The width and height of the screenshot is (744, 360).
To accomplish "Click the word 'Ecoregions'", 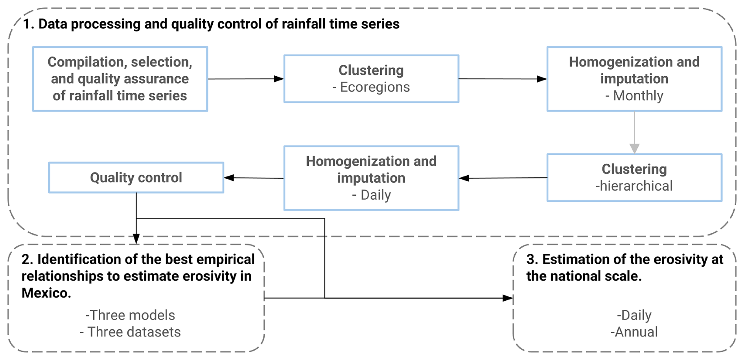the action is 375,87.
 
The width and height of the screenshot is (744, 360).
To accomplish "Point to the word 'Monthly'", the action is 638,96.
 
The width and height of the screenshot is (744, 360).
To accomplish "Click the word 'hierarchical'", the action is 636,186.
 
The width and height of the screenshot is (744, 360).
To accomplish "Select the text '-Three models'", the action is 130,315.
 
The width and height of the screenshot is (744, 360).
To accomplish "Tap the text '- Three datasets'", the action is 130,332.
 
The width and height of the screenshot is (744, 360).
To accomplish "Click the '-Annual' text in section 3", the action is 634,332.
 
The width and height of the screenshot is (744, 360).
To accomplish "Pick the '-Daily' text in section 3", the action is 634,315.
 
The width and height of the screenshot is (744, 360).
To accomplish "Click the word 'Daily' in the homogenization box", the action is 376,195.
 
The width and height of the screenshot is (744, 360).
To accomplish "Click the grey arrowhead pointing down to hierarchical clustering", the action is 634,149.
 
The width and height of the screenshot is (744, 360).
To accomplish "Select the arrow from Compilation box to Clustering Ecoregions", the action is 246,79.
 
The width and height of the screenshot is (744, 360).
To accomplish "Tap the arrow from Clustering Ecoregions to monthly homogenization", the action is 503,79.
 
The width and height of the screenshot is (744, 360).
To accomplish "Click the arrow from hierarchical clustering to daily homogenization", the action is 503,178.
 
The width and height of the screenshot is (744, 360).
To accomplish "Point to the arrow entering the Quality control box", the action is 254,178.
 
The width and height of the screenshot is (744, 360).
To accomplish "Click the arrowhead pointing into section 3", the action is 508,298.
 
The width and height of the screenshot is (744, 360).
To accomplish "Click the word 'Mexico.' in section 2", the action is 46,293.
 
